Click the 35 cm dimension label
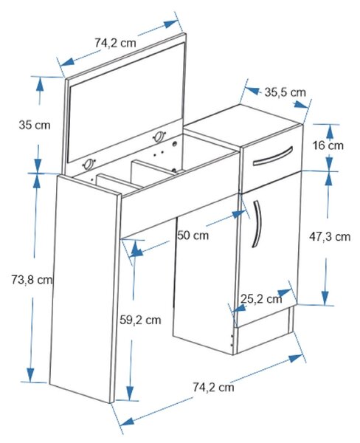pos(35,125)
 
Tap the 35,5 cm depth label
pos(285,92)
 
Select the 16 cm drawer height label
pos(328,145)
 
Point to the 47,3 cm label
pos(330,236)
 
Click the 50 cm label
pos(193,235)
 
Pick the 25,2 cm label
pos(261,298)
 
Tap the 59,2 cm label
pos(140,320)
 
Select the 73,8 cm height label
pos(32,280)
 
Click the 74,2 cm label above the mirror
pos(115,43)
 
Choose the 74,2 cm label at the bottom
pos(213,387)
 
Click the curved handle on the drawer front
pos(273,157)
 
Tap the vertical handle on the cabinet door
pos(257,224)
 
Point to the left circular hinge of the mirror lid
pos(89,164)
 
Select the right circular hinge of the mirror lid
pos(159,137)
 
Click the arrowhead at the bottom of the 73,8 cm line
pos(30,375)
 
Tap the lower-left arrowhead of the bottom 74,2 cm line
pos(126,422)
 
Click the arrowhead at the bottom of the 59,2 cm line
pos(130,393)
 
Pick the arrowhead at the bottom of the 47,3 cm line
pos(325,298)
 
